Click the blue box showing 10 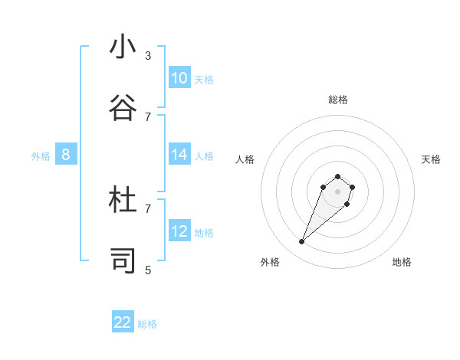pos(179,78)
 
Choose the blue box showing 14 pos(179,155)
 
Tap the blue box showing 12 pos(179,231)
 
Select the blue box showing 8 pos(66,155)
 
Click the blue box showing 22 pos(123,322)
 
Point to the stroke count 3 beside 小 pos(148,56)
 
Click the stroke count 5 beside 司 pos(148,270)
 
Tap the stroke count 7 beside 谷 pos(148,116)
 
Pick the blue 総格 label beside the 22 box pos(147,324)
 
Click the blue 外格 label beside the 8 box pos(41,156)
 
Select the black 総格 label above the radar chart pos(338,100)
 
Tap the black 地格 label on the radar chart pos(402,262)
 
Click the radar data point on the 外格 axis pos(302,242)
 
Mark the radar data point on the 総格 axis pos(337,175)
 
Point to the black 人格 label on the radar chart pos(245,159)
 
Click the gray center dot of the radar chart pos(337,191)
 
